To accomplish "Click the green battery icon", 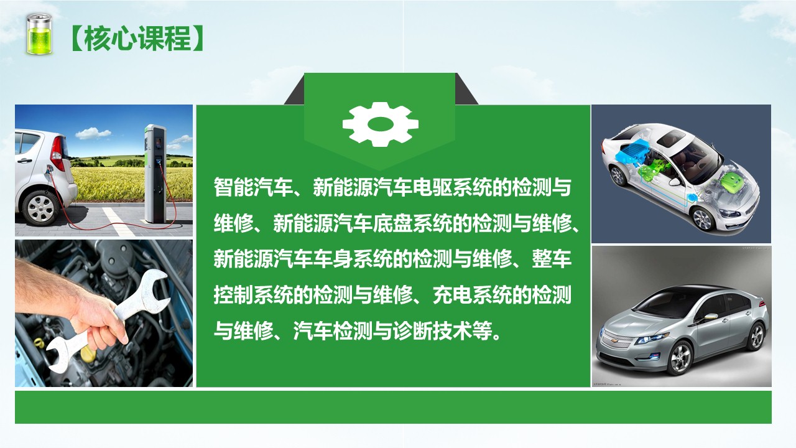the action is coord(39,34).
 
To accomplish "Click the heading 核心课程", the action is coord(137,39).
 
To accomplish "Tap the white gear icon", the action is coord(380,124).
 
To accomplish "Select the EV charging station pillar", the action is coord(155,174).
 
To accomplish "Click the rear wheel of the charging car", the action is coord(40,208).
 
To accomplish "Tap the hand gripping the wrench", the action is coord(101,320).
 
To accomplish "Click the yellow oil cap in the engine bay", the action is coord(88,354).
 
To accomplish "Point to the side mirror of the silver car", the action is coord(710,316).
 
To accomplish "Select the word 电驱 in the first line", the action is coord(432,187).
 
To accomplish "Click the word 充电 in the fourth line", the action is coord(452,295).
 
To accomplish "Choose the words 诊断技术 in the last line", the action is coord(432,332).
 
